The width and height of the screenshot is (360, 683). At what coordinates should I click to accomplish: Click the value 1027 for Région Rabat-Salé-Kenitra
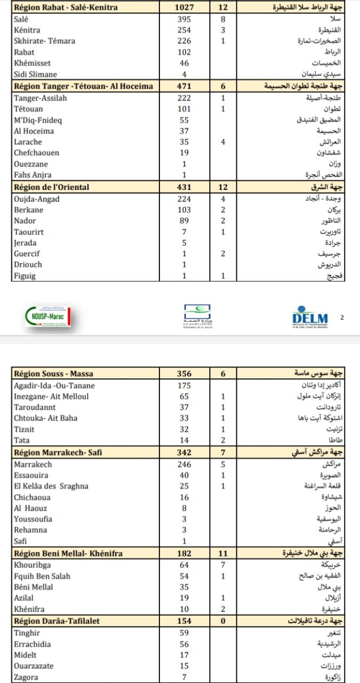pos(184,8)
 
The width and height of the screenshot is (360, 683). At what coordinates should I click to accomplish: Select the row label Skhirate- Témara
pos(44,41)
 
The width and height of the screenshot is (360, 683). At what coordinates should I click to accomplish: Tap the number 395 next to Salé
pos(184,19)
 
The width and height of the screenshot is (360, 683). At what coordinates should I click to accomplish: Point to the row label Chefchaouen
pos(37,153)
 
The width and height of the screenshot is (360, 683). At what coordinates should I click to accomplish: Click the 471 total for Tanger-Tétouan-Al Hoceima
pos(184,86)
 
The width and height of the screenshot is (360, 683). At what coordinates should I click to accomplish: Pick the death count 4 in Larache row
pos(223,142)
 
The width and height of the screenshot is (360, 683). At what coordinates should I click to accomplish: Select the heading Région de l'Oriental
pos(52,187)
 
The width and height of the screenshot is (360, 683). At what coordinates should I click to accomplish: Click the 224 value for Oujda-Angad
pos(184,199)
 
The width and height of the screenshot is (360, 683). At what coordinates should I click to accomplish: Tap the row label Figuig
pos(25,275)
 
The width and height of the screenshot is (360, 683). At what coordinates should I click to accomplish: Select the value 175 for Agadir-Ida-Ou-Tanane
pos(184,385)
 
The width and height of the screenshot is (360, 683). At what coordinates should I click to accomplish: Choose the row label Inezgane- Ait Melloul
pos(51,396)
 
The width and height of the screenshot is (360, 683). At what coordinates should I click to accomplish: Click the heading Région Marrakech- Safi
pos(58,453)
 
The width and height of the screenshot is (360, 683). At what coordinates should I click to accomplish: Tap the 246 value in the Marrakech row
pos(184,465)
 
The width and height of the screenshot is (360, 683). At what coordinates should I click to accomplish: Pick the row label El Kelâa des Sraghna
pos(51,486)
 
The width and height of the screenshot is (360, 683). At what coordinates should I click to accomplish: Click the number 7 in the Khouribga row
pos(223,565)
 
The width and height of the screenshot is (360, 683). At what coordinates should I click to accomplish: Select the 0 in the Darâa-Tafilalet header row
pos(223,621)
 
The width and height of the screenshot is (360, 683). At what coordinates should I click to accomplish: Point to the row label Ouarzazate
pos(34,666)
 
